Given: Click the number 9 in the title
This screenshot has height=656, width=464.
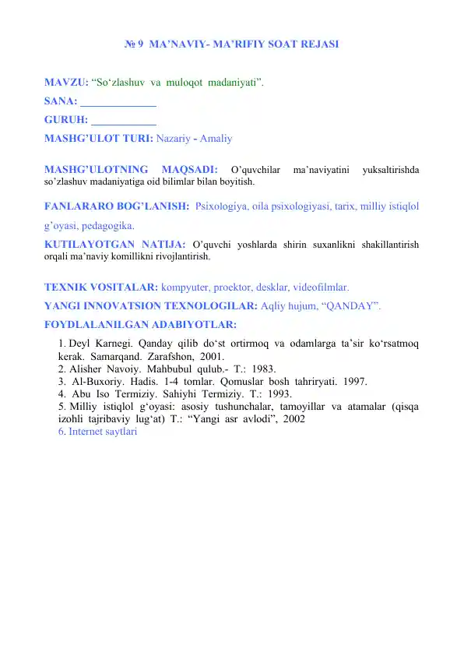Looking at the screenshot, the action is (140, 45).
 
